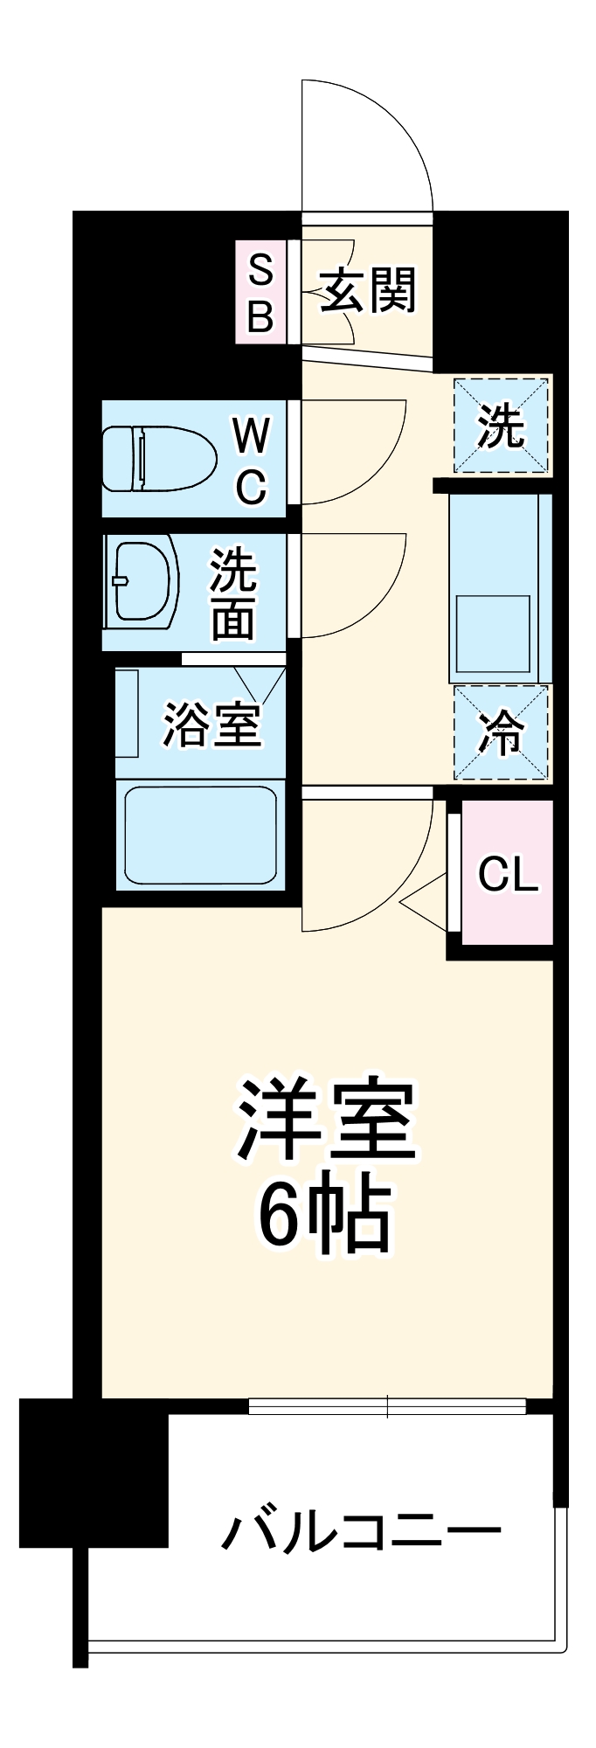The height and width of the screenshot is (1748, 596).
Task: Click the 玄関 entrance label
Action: [368, 291]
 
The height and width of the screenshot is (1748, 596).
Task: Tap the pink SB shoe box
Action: [260, 292]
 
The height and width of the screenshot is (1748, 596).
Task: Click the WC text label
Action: [251, 460]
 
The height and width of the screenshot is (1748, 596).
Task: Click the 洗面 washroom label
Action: [233, 593]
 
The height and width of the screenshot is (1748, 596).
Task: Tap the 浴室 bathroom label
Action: [212, 725]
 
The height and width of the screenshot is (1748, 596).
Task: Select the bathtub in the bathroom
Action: [200, 834]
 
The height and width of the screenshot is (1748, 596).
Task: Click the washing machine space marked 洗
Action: [501, 426]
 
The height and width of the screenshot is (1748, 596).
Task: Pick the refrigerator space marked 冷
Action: [501, 732]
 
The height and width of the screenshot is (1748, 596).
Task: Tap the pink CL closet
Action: [508, 872]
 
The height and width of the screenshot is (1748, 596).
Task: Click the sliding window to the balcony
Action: [387, 1406]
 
